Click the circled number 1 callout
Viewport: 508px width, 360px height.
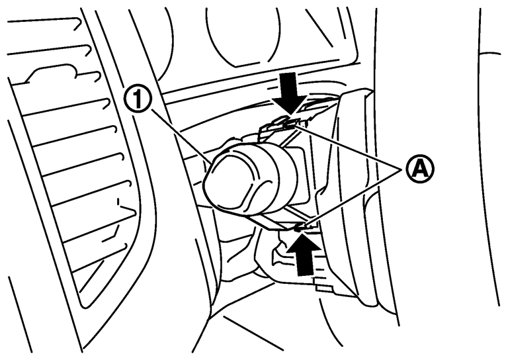click(x=138, y=101)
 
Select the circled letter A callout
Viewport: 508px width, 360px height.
click(x=420, y=169)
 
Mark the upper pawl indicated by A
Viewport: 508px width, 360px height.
click(x=289, y=123)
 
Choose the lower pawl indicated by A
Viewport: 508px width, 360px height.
click(x=300, y=227)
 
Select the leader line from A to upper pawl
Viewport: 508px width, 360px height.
click(x=349, y=147)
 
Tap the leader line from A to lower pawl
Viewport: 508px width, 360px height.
click(x=353, y=197)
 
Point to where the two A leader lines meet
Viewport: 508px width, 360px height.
click(x=402, y=168)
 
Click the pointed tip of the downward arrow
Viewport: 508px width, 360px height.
click(x=290, y=114)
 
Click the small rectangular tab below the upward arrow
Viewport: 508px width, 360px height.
click(x=325, y=287)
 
